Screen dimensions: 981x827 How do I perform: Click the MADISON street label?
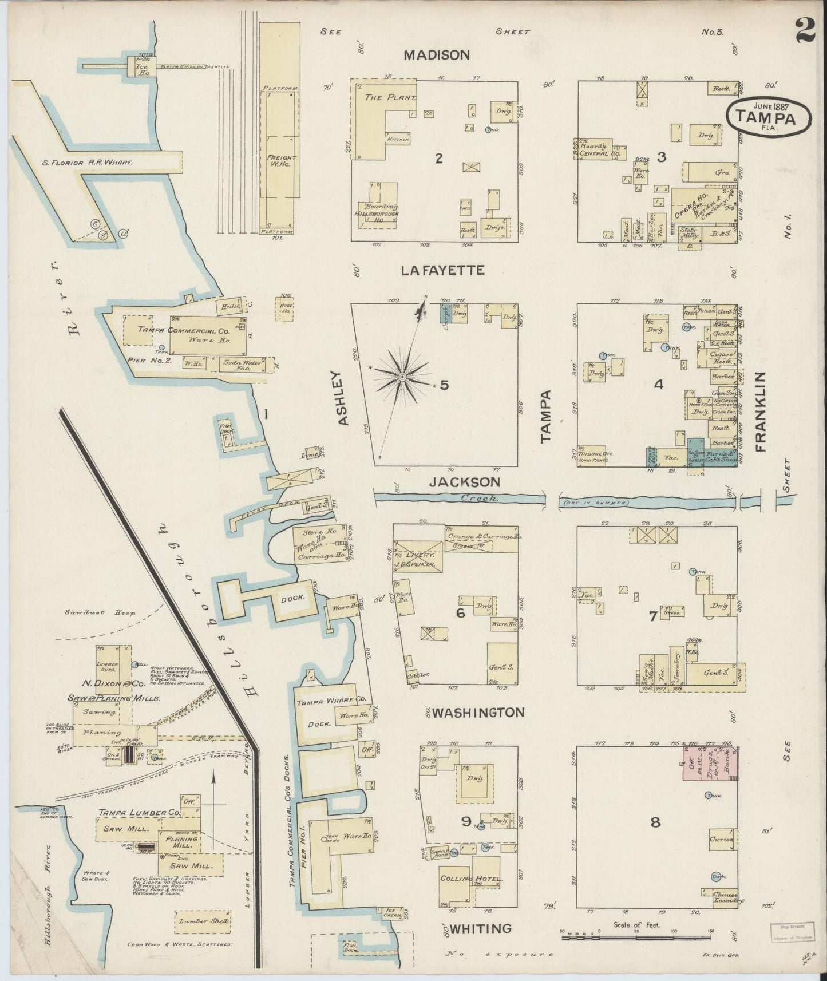click(x=437, y=55)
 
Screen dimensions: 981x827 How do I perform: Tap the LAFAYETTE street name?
click(x=442, y=270)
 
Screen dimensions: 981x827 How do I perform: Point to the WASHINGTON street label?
click(x=478, y=713)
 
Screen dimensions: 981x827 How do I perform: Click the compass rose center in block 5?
click(x=402, y=377)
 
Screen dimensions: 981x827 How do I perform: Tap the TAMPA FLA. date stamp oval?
click(x=769, y=116)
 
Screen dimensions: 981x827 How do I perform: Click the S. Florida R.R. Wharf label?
click(x=87, y=163)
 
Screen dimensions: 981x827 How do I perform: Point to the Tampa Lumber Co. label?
click(x=139, y=812)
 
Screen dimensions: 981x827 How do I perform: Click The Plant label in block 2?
click(x=390, y=98)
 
